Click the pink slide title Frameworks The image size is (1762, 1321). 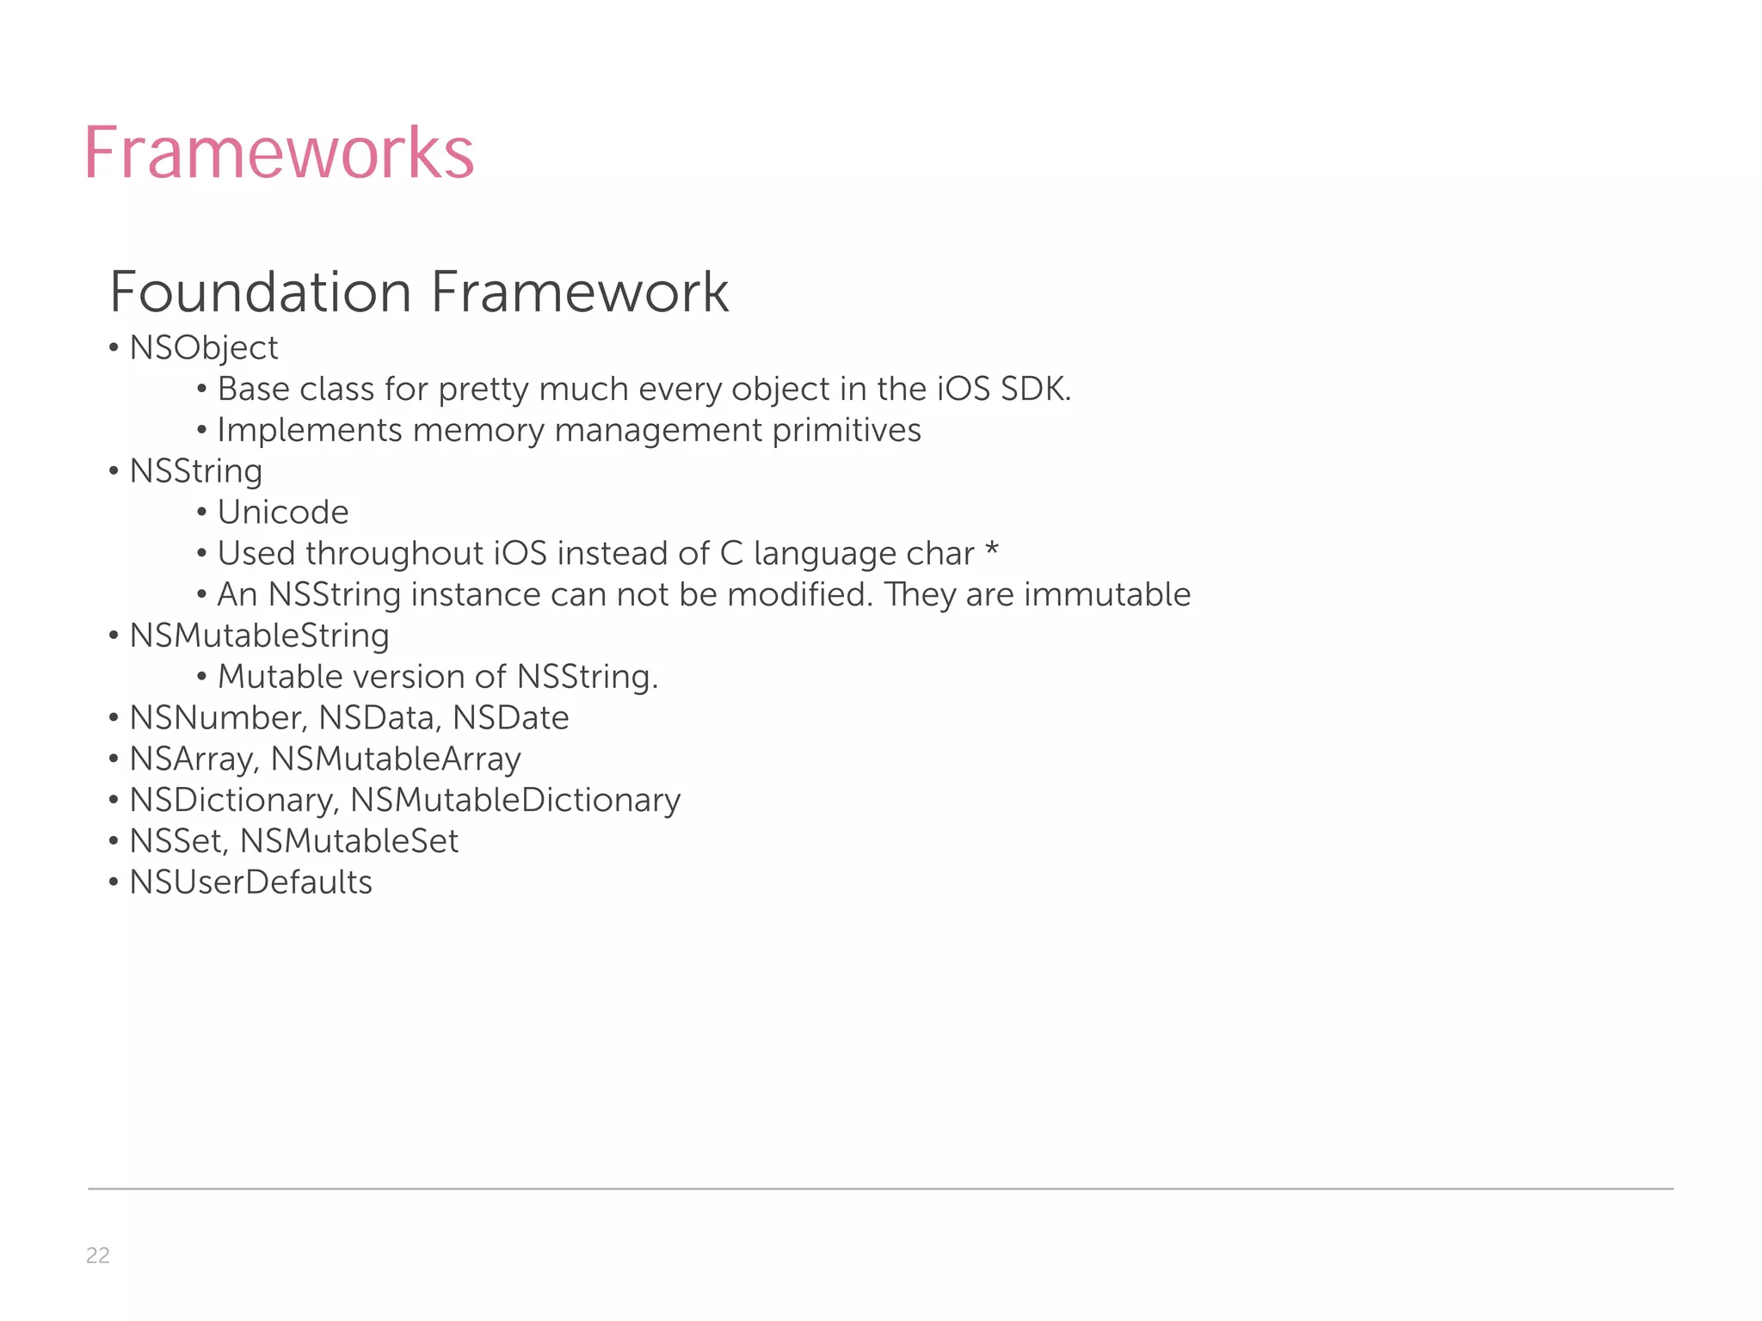point(279,153)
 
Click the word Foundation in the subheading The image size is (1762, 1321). point(261,292)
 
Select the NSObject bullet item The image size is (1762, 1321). point(204,348)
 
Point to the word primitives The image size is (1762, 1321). point(846,430)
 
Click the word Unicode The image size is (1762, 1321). point(283,513)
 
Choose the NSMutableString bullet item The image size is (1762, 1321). point(259,636)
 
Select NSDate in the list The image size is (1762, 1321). point(511,718)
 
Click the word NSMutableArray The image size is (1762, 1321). point(396,759)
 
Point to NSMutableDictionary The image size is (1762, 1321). point(515,801)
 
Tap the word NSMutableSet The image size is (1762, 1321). point(349,841)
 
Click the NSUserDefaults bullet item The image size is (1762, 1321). point(250,882)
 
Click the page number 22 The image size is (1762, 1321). point(98,1256)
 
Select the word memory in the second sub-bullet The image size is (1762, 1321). point(478,430)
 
